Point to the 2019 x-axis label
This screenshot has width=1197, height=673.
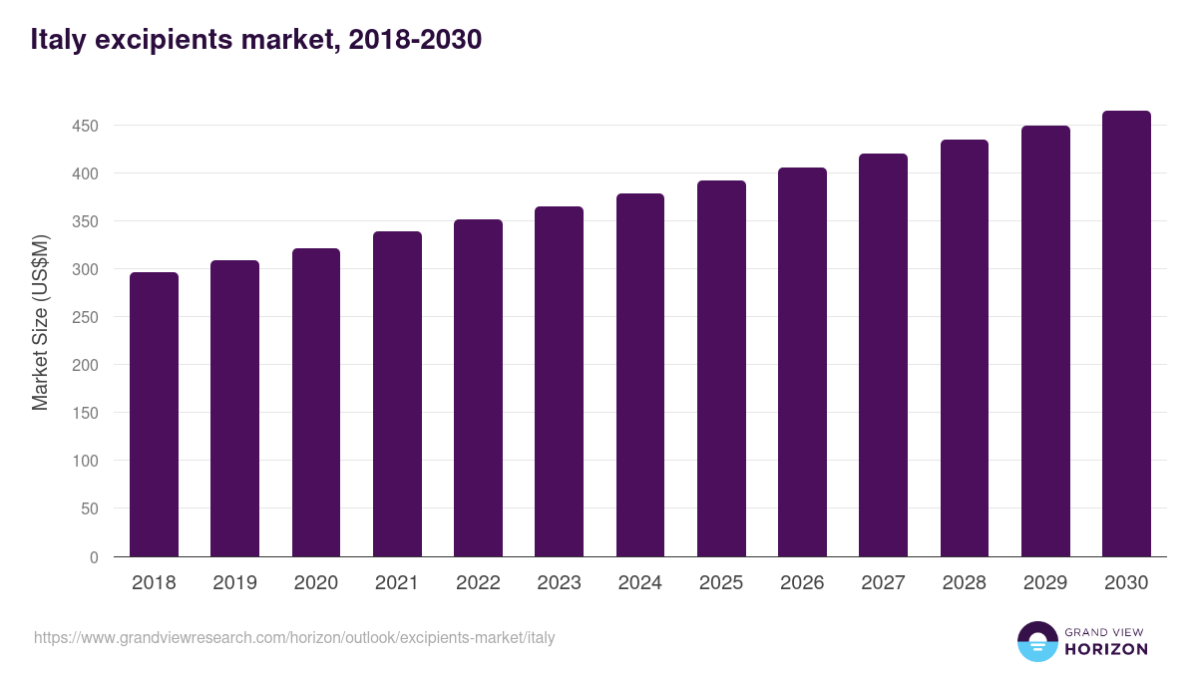[x=235, y=583]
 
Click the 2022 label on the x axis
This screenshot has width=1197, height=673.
[x=478, y=583]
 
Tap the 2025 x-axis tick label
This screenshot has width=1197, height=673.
[x=721, y=583]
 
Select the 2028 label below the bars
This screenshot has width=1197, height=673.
[x=965, y=583]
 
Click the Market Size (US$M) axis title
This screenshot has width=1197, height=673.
[x=40, y=324]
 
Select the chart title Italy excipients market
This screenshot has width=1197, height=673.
[x=256, y=39]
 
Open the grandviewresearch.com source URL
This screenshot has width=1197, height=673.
[x=294, y=637]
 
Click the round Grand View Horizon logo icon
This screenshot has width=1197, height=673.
[x=1037, y=641]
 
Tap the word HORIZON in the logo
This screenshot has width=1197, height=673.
[x=1106, y=649]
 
